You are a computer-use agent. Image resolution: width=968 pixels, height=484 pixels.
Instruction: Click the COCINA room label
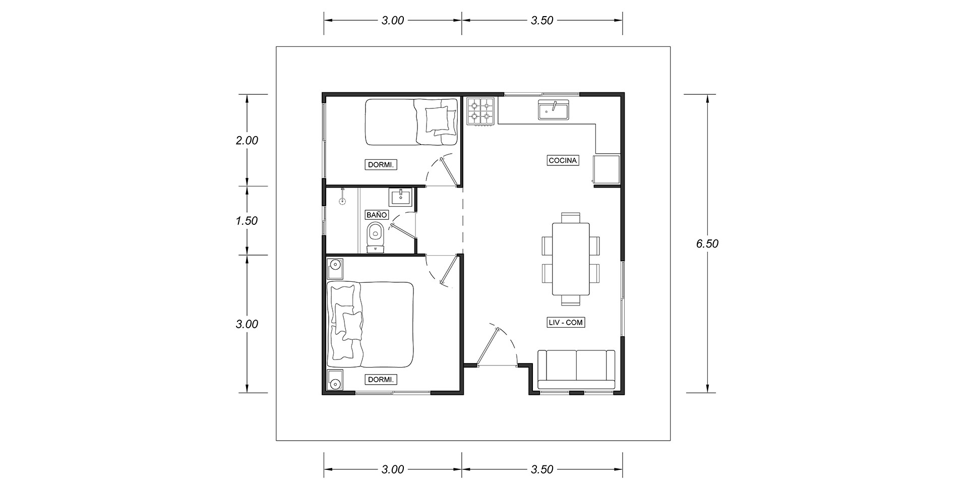click(x=563, y=160)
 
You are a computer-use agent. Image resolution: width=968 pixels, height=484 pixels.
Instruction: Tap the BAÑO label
click(x=377, y=215)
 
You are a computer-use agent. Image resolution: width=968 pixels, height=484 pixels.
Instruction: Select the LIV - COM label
click(x=566, y=323)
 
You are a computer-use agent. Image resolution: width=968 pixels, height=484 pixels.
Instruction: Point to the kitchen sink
click(x=554, y=110)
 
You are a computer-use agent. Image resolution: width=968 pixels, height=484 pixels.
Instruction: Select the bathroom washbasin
click(x=401, y=196)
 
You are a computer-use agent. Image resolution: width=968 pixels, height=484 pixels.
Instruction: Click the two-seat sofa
click(x=576, y=370)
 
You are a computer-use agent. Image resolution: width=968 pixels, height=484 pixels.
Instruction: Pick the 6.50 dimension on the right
click(x=707, y=244)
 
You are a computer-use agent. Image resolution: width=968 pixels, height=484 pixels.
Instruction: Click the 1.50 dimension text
click(x=247, y=221)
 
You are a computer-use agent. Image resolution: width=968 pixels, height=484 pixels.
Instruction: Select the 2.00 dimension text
click(x=247, y=140)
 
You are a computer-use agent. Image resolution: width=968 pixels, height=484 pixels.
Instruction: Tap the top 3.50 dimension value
click(x=542, y=20)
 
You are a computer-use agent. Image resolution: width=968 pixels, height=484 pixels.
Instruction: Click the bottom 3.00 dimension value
click(x=393, y=469)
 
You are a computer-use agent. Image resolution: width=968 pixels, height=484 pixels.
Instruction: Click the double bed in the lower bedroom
click(x=371, y=325)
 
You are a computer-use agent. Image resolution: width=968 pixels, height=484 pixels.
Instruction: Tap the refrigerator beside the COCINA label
click(x=606, y=170)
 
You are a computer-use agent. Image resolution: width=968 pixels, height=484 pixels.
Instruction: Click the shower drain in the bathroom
click(x=343, y=201)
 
